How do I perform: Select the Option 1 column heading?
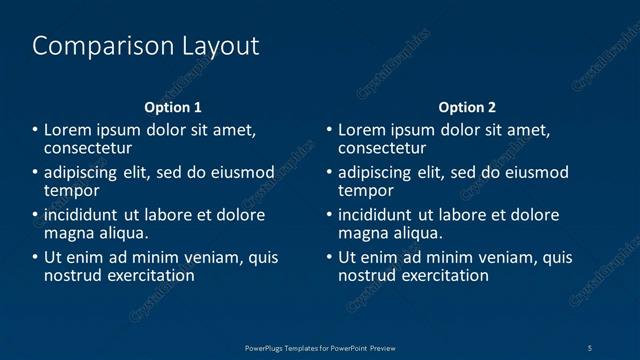tap(173, 107)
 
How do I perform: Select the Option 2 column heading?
tap(467, 107)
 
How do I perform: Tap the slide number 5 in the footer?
tap(591, 347)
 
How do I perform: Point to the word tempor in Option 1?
tap(72, 190)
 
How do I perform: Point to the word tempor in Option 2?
tap(366, 190)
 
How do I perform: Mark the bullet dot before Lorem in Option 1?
tap(36, 131)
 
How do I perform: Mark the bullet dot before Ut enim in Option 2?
tap(330, 258)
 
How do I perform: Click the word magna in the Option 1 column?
tap(68, 233)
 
